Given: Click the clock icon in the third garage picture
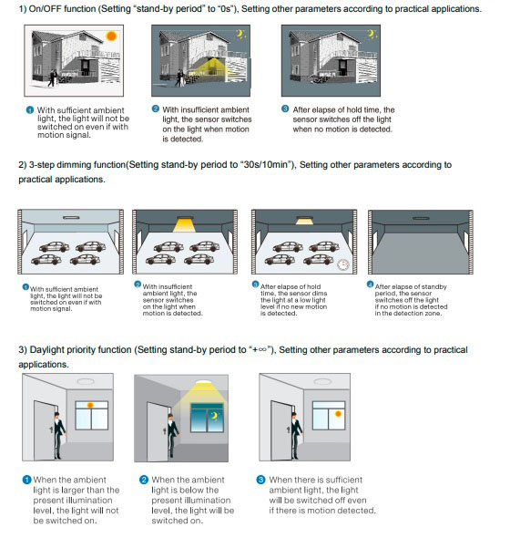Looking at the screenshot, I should [x=343, y=264].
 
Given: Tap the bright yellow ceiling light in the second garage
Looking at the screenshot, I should [x=185, y=222].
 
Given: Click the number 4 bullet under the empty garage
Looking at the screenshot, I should [x=370, y=285].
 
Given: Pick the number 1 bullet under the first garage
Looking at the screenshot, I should [x=24, y=287].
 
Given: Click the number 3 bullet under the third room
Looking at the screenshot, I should [x=260, y=480].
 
